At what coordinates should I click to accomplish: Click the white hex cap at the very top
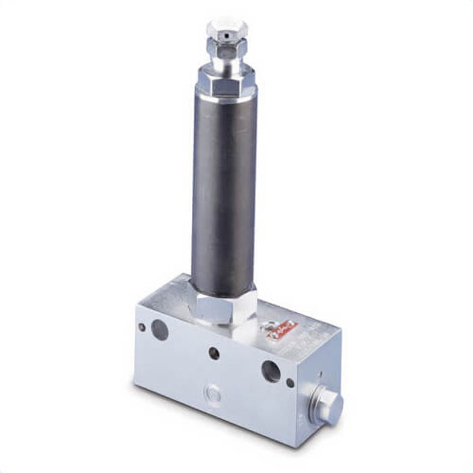(x=226, y=29)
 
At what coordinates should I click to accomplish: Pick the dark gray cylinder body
(x=225, y=189)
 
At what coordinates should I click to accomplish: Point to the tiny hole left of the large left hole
(x=142, y=327)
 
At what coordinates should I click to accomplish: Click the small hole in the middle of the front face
(x=214, y=353)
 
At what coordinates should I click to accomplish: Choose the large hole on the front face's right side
(x=270, y=370)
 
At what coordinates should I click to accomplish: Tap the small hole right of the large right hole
(x=290, y=382)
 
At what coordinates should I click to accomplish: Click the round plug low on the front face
(x=212, y=393)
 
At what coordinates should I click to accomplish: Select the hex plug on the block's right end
(x=330, y=406)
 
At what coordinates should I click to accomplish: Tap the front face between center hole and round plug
(x=214, y=373)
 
